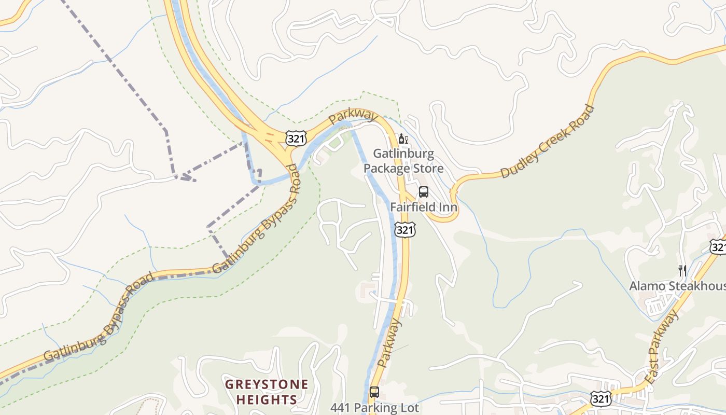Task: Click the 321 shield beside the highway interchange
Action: [x=296, y=138]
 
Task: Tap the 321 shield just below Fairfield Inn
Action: [x=404, y=229]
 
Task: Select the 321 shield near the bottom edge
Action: [x=600, y=398]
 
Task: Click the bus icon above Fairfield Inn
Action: [x=424, y=192]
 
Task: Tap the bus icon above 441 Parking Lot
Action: [x=374, y=392]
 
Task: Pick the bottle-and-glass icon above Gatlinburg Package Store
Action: [x=403, y=139]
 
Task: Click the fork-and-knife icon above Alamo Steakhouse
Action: [x=682, y=270]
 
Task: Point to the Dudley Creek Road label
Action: [x=548, y=141]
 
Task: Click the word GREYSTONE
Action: [x=267, y=385]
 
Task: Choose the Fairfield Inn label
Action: [x=424, y=208]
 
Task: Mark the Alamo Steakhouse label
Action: [x=677, y=286]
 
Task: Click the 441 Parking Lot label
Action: [x=374, y=408]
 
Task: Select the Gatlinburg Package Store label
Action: [x=403, y=161]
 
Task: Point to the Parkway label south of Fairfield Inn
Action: [x=390, y=343]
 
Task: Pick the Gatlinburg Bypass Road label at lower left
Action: [x=99, y=317]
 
